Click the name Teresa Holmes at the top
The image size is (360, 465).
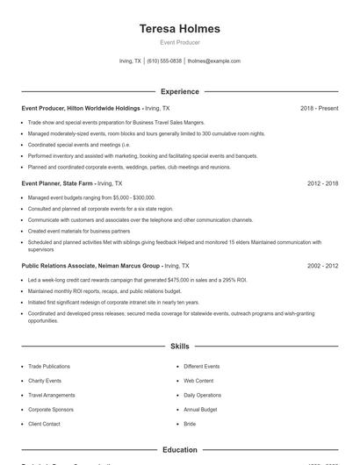(179, 28)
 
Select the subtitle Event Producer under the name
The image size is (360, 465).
(179, 42)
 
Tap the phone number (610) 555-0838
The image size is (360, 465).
(164, 61)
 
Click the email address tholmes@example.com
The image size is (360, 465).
(213, 61)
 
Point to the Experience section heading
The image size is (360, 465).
(179, 91)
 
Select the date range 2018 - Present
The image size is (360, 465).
(319, 108)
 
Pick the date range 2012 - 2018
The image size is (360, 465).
(322, 183)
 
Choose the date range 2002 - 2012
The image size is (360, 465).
(322, 265)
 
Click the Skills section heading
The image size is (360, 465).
(179, 347)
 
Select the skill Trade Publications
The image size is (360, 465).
(50, 366)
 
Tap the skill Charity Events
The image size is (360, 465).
(45, 381)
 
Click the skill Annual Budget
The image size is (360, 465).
(201, 410)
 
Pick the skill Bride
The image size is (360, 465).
(189, 424)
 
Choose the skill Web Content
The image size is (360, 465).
(198, 381)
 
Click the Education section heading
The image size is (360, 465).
(179, 450)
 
